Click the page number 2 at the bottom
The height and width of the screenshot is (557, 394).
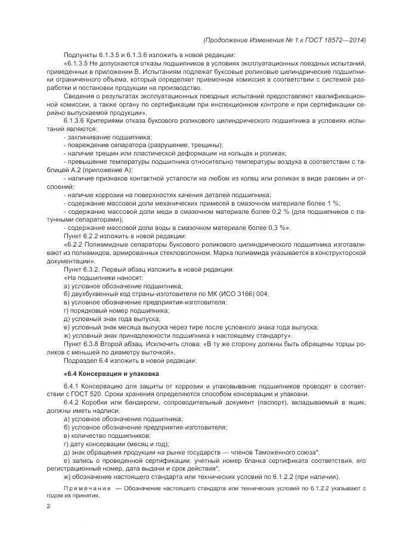[x=48, y=507]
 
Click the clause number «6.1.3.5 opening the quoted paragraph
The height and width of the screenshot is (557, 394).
[x=77, y=64]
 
